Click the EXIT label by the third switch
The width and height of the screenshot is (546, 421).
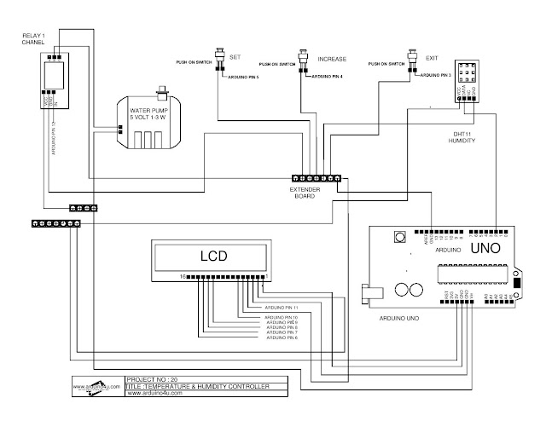click(x=431, y=58)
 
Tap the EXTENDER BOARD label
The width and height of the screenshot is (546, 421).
click(x=304, y=192)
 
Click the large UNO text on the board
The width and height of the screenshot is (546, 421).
click(x=491, y=252)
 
